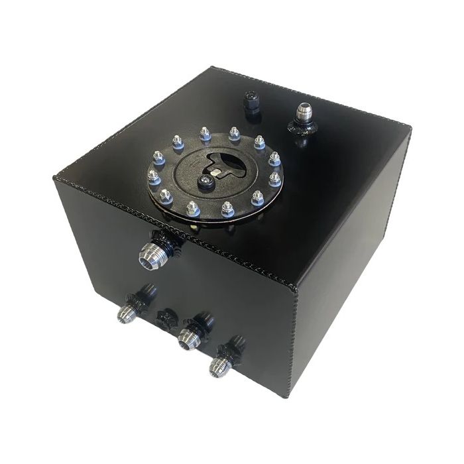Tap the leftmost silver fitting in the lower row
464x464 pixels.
click(x=126, y=314)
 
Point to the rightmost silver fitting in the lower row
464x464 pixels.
click(x=218, y=366)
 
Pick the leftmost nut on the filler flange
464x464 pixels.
click(x=152, y=176)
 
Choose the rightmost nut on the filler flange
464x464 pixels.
click(x=274, y=179)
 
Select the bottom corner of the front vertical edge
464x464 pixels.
click(x=287, y=396)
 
